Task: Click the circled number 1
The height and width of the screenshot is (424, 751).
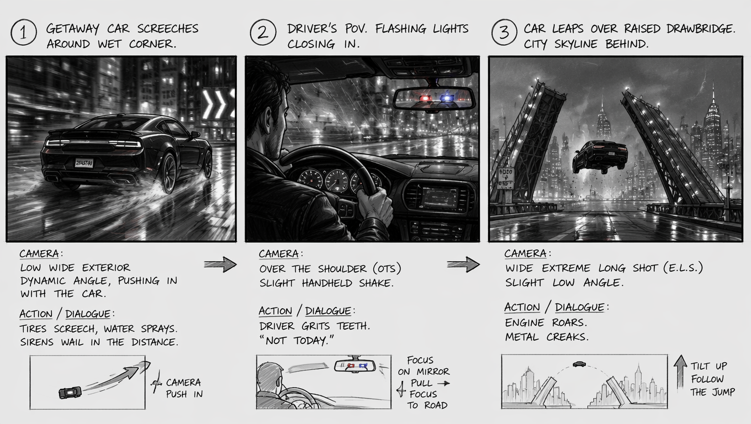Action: tap(23, 33)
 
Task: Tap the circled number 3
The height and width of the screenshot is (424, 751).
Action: tap(504, 33)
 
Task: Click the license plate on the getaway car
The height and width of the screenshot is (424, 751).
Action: tap(84, 163)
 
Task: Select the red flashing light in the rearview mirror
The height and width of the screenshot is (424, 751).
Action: tap(425, 98)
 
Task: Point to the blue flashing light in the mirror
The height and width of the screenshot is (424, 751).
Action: tap(447, 98)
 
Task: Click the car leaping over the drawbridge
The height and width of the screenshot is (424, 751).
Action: tap(600, 157)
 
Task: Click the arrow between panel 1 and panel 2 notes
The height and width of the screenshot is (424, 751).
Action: tap(220, 264)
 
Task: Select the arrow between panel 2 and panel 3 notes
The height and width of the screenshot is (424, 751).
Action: tap(463, 264)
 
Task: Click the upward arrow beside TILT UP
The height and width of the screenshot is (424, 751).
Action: tap(680, 373)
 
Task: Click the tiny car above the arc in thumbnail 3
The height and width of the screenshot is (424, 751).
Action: tap(579, 364)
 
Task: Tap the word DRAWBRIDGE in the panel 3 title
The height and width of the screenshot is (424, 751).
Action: tap(700, 29)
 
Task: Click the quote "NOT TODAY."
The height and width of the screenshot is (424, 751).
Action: tap(297, 341)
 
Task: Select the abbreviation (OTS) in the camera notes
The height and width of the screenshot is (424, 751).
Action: tap(387, 269)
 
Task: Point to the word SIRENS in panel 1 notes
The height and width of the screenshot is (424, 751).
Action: tap(36, 342)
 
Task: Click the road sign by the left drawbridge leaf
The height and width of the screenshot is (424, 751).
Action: tap(505, 178)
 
